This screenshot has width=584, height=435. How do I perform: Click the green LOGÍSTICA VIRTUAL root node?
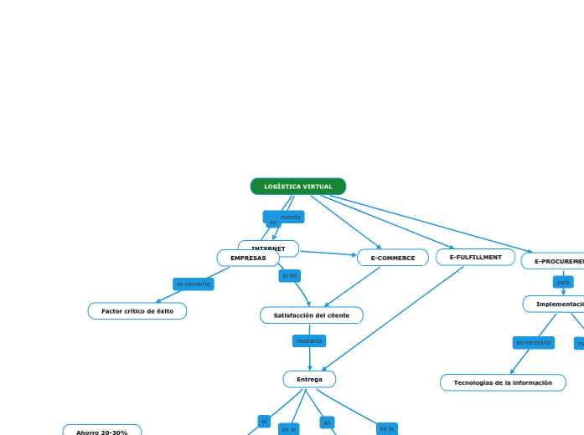tap(297, 187)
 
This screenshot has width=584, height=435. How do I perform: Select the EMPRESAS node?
tap(248, 258)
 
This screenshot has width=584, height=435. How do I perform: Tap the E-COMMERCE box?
tap(392, 258)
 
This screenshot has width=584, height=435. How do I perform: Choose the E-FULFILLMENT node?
tap(475, 257)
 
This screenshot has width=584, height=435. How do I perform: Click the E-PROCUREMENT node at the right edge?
tap(555, 261)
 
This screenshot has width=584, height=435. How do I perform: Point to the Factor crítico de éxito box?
tap(137, 311)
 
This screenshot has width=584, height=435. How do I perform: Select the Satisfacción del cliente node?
tap(311, 315)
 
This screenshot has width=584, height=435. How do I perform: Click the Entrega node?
tap(309, 380)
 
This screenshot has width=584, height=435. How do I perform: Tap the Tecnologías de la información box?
tap(503, 382)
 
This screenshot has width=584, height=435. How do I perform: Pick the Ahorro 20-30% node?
tap(102, 432)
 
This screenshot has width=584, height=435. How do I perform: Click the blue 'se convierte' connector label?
tap(193, 284)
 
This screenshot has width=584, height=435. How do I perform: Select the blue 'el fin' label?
tap(289, 275)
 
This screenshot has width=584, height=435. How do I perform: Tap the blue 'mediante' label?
tap(308, 340)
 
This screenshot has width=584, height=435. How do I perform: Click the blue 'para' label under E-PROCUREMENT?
tap(563, 282)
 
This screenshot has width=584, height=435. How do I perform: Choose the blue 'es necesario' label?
tap(533, 342)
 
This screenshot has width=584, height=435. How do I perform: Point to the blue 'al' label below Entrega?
tap(264, 421)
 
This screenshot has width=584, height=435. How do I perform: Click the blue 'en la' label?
tap(386, 428)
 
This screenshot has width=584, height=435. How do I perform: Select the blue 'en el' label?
tap(288, 429)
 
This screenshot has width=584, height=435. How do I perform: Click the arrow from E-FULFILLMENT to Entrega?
tap(394, 317)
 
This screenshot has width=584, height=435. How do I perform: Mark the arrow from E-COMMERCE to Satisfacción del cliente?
tap(353, 287)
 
